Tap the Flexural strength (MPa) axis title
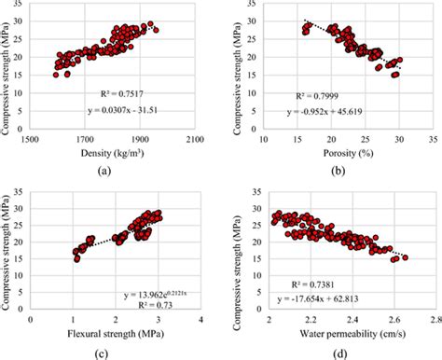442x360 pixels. pyautogui.click(x=116, y=332)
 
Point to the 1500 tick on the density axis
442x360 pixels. pyautogui.click(x=32, y=138)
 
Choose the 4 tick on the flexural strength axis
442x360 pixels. pyautogui.click(x=200, y=318)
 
